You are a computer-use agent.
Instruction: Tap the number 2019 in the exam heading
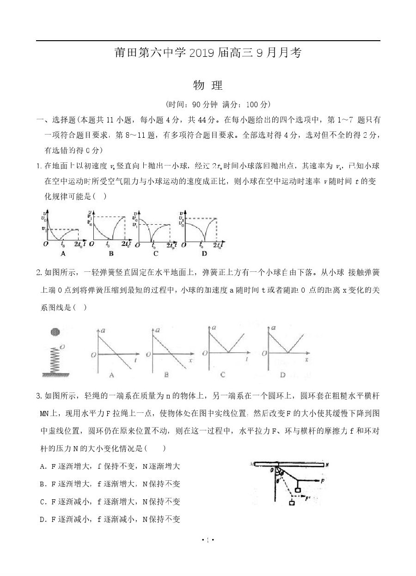(x=201, y=53)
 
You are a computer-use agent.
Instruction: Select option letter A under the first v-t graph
(x=63, y=253)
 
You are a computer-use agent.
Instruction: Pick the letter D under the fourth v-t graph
(x=204, y=253)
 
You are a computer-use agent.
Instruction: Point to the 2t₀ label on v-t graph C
(x=171, y=245)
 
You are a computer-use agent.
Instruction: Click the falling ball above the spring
(x=55, y=332)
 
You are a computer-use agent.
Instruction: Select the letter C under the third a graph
(x=223, y=374)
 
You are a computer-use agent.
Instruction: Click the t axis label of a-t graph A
(x=135, y=359)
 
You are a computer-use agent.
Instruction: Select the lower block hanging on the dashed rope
(x=292, y=503)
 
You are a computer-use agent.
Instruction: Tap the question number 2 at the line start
(x=39, y=272)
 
